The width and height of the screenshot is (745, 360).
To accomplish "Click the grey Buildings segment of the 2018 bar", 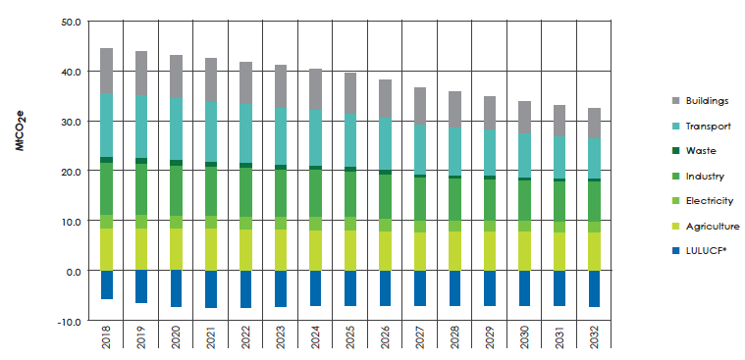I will click(106, 71).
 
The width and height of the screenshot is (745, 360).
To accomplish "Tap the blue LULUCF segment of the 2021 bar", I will click(211, 289).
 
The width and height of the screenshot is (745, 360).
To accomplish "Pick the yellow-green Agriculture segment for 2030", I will click(525, 250).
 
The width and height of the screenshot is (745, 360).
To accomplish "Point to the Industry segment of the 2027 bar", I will click(420, 199).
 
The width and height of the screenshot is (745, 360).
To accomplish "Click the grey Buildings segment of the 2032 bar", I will click(595, 124).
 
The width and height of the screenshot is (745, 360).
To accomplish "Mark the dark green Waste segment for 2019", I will click(141, 161).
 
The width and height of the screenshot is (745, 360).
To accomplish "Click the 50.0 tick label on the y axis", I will click(71, 21).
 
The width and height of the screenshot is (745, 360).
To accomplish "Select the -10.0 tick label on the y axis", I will click(69, 321).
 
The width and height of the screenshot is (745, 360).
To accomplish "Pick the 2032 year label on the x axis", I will click(595, 341).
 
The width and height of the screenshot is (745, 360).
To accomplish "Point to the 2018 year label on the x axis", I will click(106, 341).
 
